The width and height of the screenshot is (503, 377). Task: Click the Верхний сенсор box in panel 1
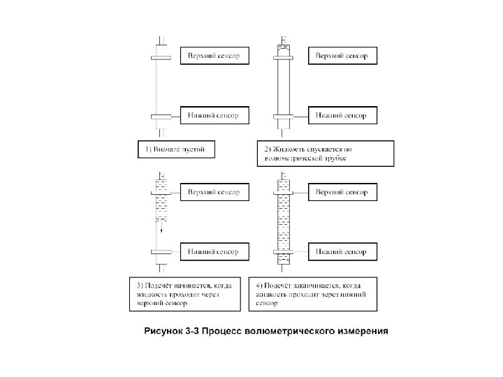click(x=214, y=56)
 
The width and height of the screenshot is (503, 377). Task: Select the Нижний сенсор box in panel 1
click(x=214, y=114)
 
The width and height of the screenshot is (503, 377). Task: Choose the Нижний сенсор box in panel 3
click(x=214, y=251)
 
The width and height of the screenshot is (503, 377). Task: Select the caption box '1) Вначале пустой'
click(x=175, y=149)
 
